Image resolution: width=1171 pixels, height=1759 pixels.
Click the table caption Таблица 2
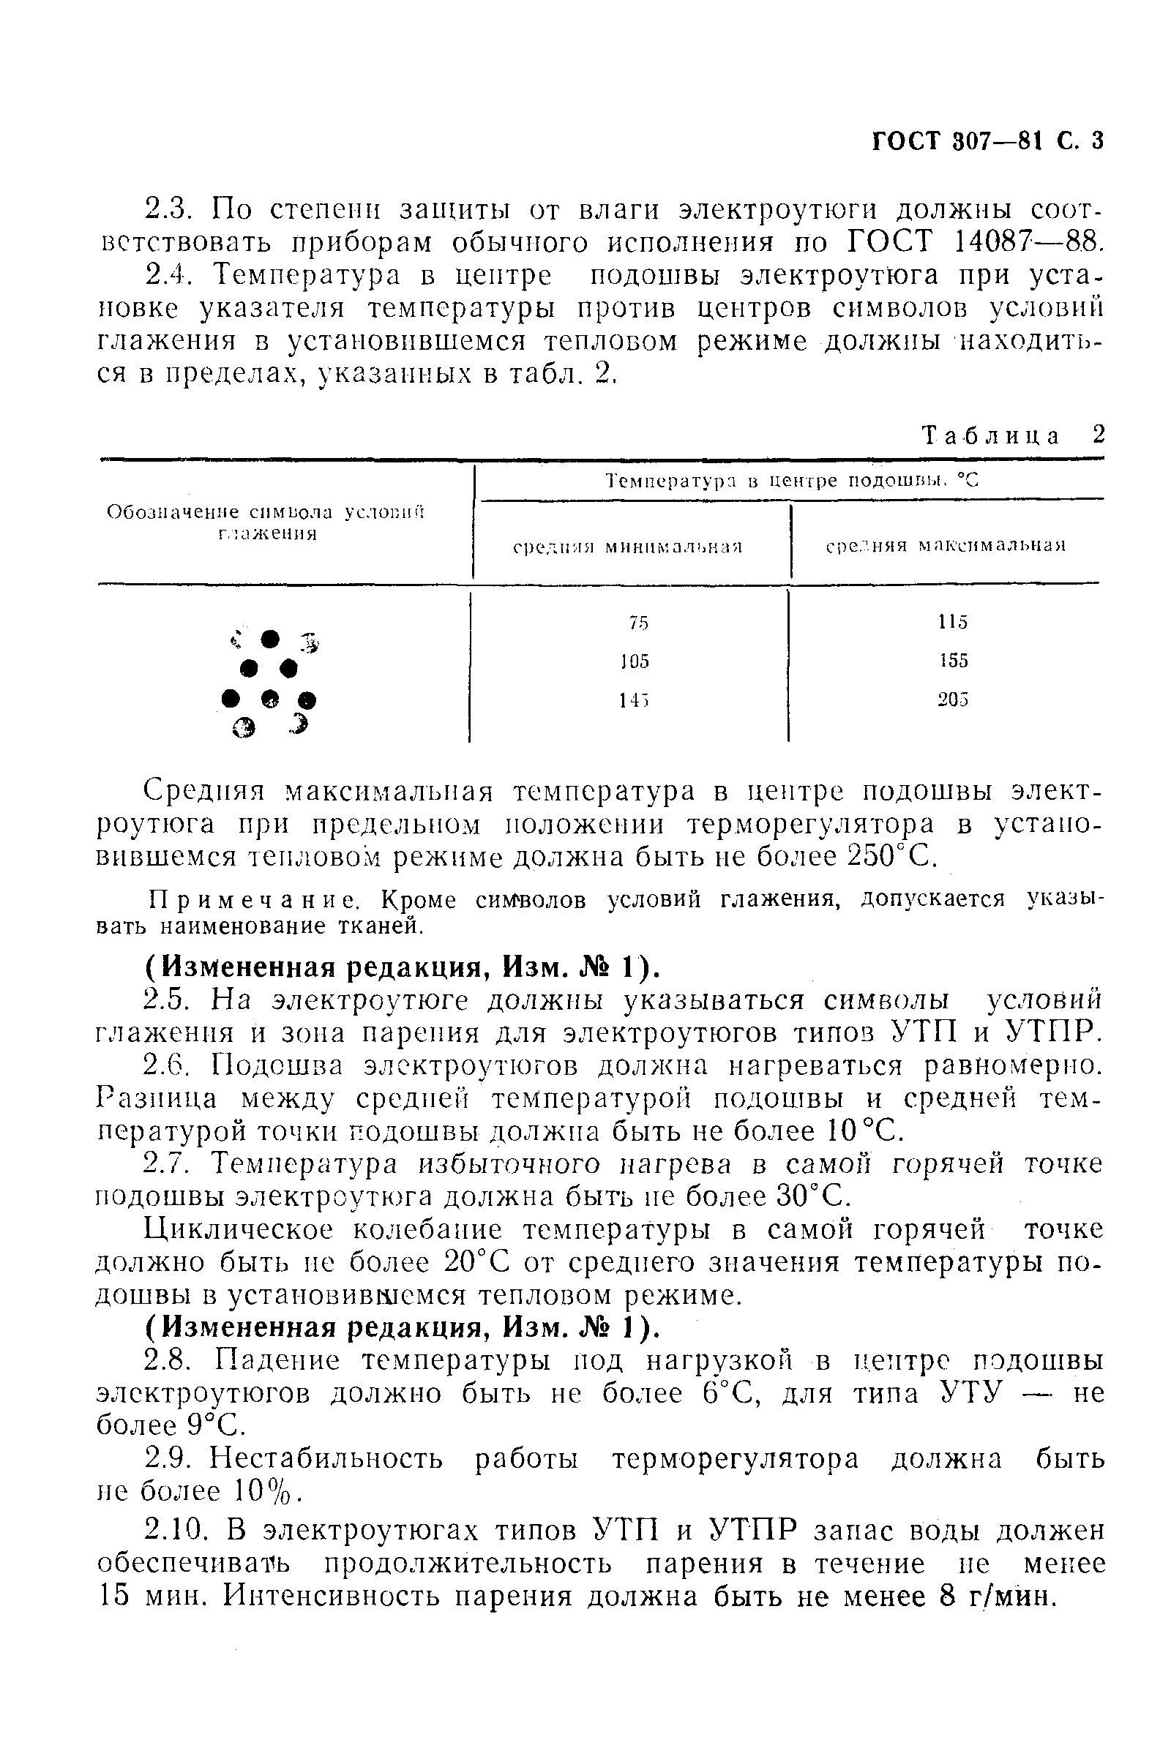(1013, 435)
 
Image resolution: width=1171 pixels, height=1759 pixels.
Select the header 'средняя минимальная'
(627, 546)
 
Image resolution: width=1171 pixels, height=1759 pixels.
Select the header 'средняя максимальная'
(946, 546)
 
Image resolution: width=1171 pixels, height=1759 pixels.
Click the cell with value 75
(637, 622)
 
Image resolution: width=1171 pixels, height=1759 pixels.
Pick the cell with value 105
(635, 661)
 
